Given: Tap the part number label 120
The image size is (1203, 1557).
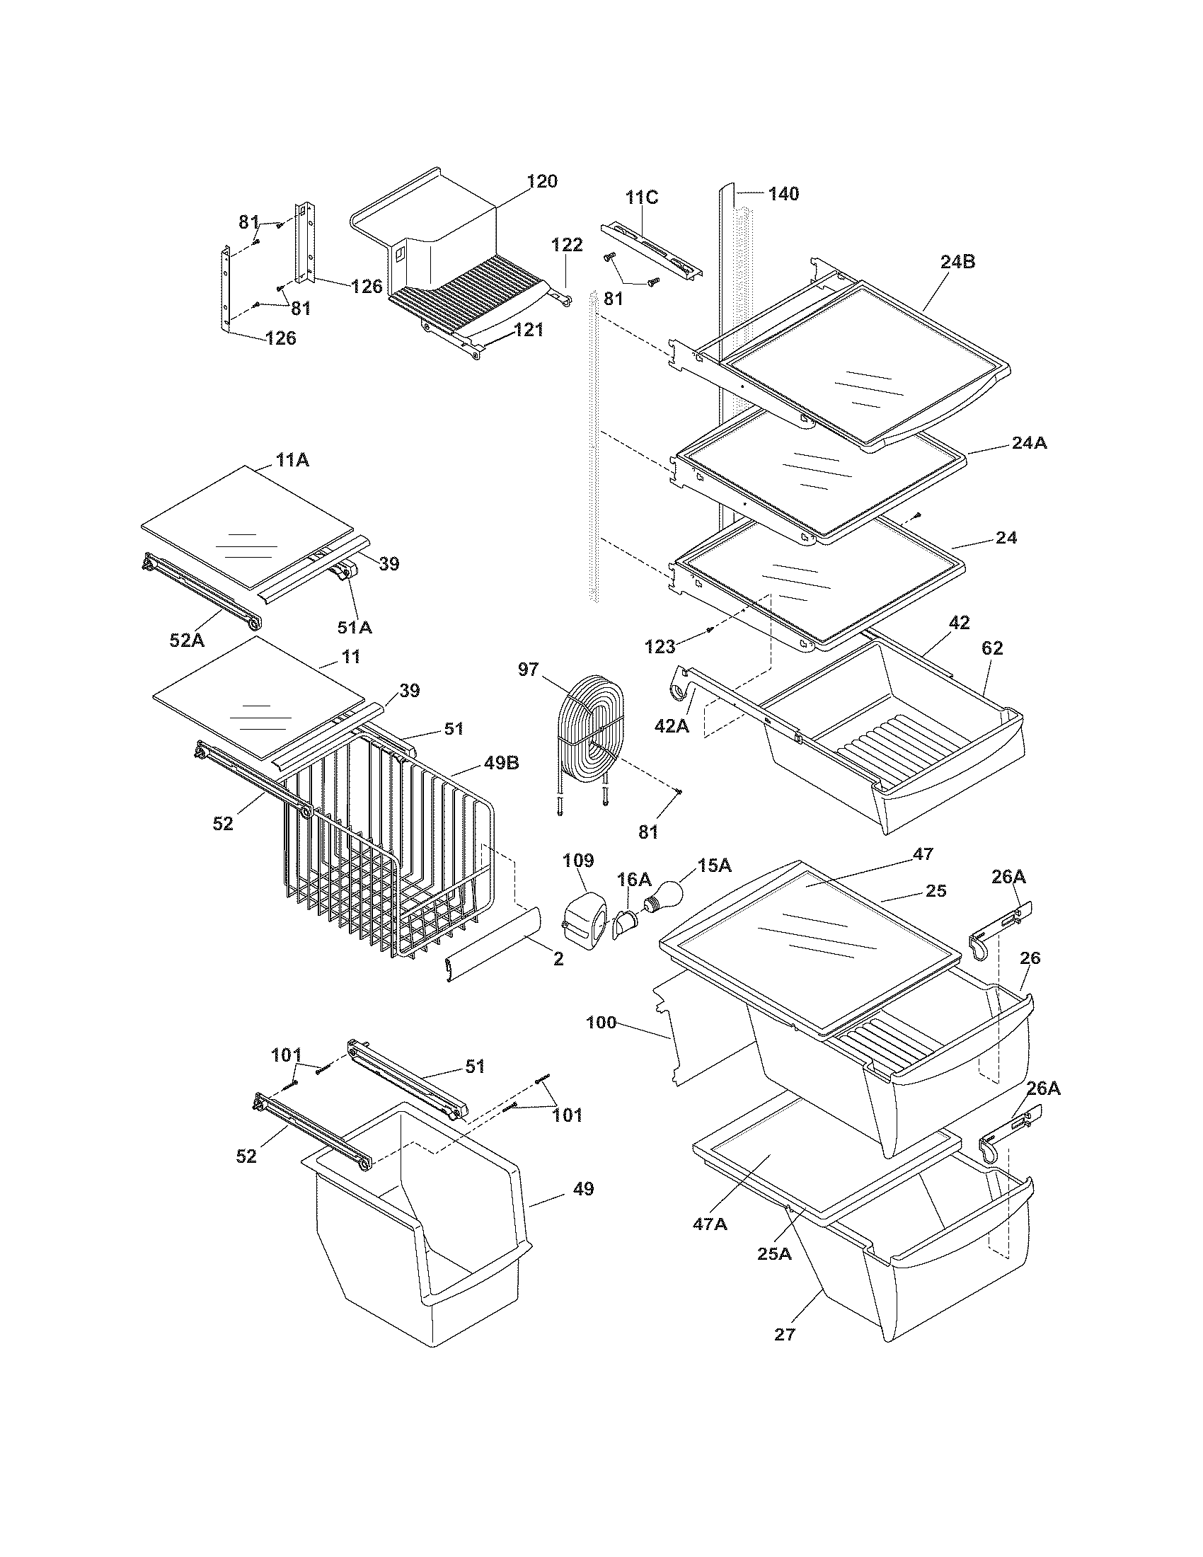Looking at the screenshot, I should [x=542, y=181].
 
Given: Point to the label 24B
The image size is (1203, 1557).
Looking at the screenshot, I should [x=957, y=262].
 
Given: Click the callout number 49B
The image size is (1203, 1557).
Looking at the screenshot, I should [x=501, y=763].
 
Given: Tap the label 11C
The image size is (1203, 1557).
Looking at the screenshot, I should [x=641, y=197].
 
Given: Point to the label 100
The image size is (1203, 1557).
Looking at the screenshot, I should [x=601, y=1023].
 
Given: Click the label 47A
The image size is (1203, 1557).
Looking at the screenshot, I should [x=710, y=1224].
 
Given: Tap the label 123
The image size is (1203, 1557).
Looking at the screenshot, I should [x=660, y=647].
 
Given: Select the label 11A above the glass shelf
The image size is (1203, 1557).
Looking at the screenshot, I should [x=292, y=461].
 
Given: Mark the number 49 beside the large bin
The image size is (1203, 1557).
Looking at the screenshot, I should [x=583, y=1188].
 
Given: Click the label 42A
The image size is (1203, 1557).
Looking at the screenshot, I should [x=672, y=725].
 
